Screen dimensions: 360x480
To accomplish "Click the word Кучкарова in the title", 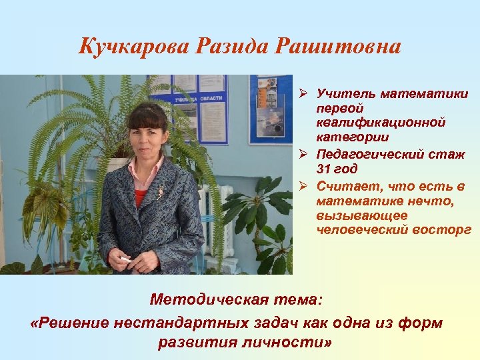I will click(x=133, y=47).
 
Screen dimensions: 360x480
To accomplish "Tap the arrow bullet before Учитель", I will click(x=303, y=93).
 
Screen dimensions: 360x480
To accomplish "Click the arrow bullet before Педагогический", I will click(x=303, y=155).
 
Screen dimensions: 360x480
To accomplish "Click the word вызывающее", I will click(x=352, y=215).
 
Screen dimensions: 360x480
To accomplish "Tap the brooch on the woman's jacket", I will click(x=160, y=193).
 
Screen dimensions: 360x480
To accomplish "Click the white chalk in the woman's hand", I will click(x=125, y=259).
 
